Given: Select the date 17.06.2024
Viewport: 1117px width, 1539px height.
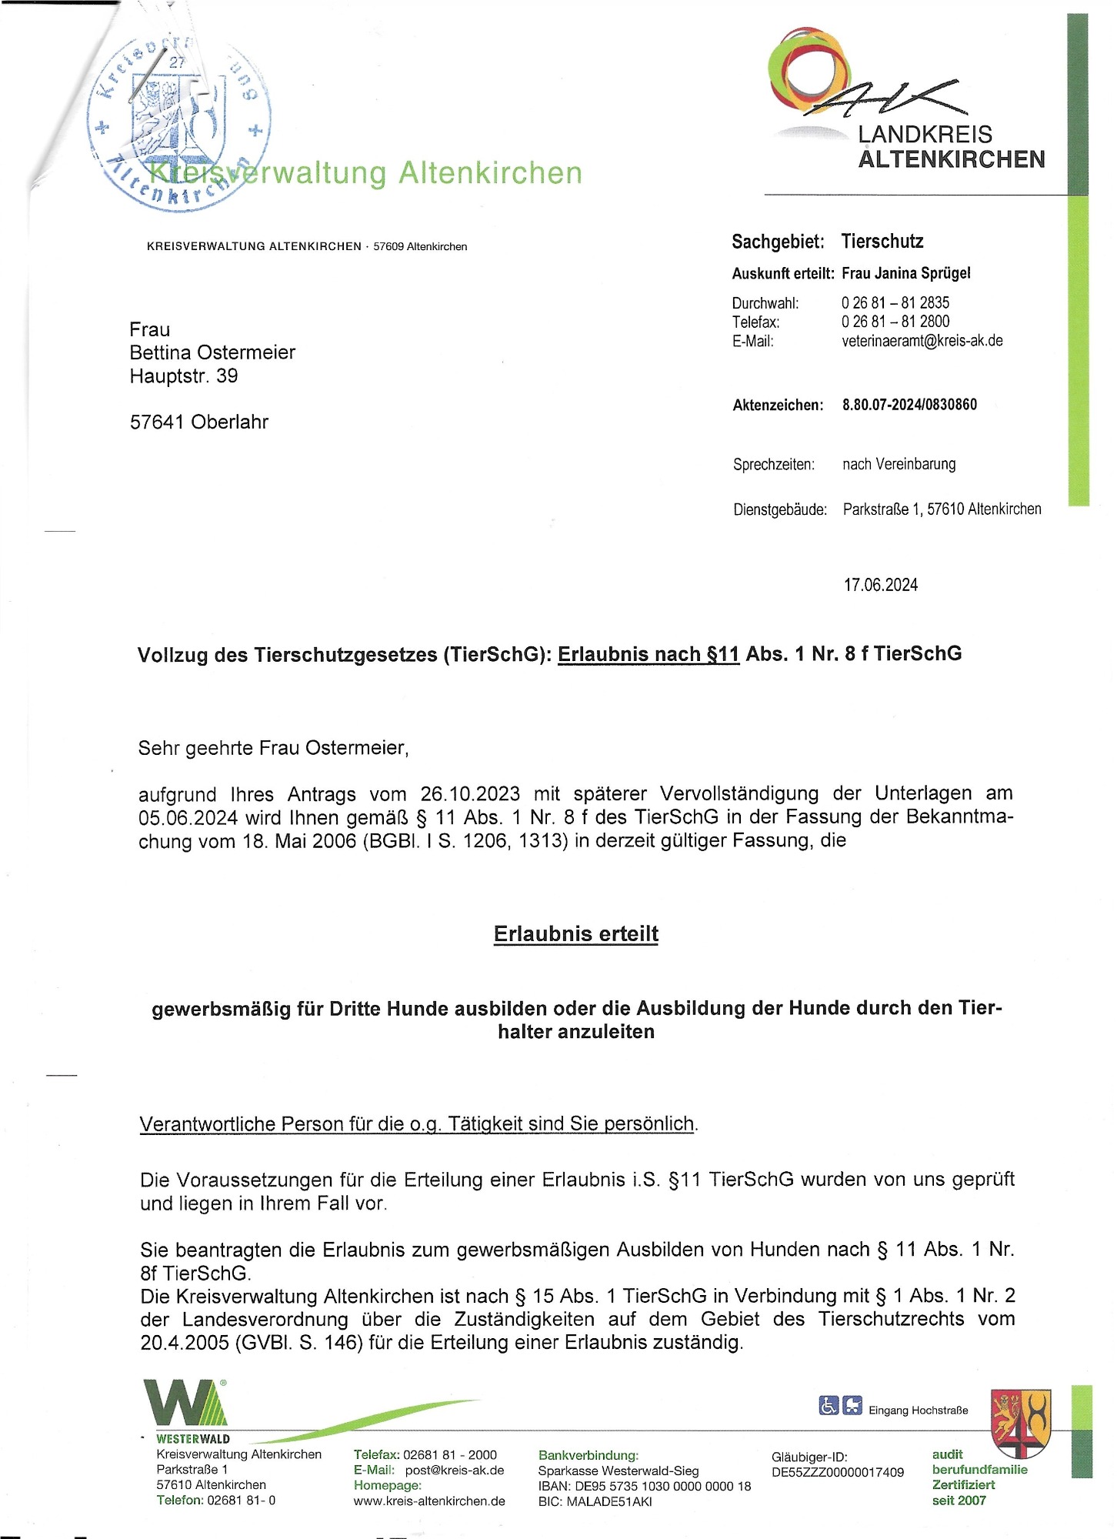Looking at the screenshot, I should click(880, 585).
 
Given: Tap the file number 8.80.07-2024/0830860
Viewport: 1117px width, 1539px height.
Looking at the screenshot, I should click(909, 405).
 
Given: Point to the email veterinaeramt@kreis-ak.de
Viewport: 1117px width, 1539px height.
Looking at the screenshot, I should click(922, 341).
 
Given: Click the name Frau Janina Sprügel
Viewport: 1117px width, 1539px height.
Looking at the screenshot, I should click(905, 273).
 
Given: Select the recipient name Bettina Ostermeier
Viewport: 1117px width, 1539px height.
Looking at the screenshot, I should click(212, 352).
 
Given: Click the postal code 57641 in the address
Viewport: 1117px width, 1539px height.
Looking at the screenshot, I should click(157, 422).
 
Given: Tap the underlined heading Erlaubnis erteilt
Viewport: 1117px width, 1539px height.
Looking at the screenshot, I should click(575, 933).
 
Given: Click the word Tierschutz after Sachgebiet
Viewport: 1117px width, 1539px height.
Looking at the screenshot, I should click(882, 242).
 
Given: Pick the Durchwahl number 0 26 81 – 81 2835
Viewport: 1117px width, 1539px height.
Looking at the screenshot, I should click(895, 302).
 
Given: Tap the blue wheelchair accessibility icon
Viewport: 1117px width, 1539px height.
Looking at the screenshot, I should click(828, 1406).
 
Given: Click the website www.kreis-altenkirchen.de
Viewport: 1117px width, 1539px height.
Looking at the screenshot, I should click(429, 1501).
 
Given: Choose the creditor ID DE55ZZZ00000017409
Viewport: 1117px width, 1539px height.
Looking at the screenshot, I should click(838, 1472).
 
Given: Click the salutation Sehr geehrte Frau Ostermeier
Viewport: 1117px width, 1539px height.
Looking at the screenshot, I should click(273, 748).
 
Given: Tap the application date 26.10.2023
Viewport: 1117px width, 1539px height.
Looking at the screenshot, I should click(469, 793).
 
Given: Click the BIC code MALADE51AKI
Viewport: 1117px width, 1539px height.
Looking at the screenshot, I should click(609, 1501).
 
